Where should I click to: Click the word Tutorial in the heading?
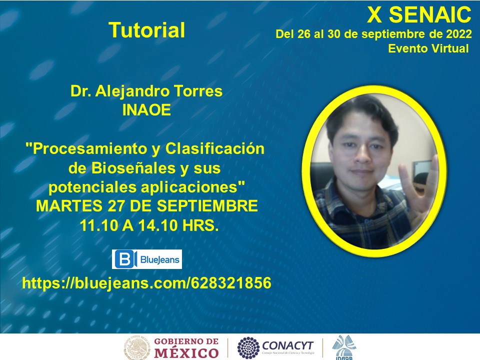147,30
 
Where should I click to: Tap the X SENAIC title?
419,14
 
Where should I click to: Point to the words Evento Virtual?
428,48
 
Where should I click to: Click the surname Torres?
198,91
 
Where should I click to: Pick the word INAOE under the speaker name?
146,110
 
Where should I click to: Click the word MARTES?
69,205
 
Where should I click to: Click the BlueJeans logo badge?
147,259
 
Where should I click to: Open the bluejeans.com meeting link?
146,283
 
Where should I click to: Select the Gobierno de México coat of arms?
137,348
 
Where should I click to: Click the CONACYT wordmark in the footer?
288,346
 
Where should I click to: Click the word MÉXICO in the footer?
186,353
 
